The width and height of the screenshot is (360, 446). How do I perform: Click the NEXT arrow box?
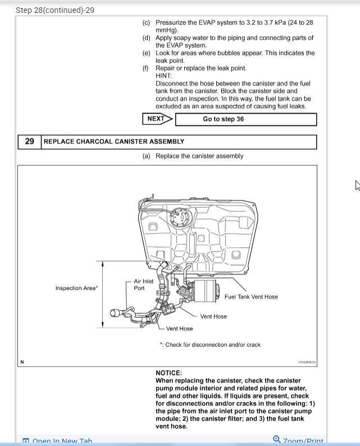click(x=157, y=119)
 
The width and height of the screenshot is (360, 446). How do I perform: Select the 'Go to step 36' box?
click(x=246, y=119)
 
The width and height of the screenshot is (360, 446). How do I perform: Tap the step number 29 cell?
click(x=30, y=142)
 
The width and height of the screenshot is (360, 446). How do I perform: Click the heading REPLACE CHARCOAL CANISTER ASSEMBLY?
click(x=114, y=142)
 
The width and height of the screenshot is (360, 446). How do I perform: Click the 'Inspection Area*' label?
click(x=76, y=288)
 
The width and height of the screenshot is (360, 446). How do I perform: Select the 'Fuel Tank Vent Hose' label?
click(x=250, y=297)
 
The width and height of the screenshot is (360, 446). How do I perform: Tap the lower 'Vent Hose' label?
click(x=179, y=329)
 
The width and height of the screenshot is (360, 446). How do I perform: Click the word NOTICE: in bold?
click(x=168, y=372)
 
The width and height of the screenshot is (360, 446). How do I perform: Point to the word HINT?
click(x=164, y=76)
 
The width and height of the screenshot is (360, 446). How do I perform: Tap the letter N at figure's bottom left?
click(x=22, y=362)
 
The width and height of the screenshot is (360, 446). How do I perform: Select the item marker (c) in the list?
click(x=146, y=22)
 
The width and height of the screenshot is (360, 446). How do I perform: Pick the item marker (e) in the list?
click(x=146, y=53)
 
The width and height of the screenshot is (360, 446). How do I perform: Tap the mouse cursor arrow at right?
click(x=357, y=185)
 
